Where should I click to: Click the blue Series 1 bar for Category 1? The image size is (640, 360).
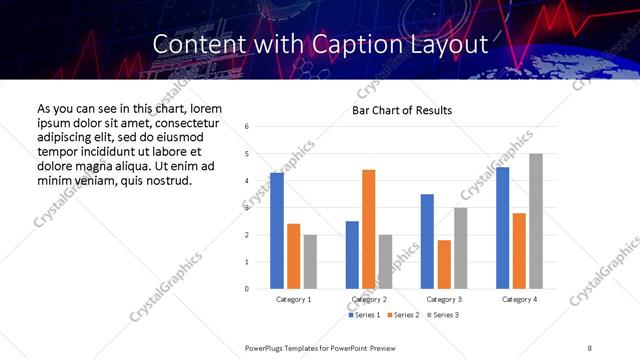(x=277, y=231)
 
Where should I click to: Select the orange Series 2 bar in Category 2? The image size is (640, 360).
(x=368, y=229)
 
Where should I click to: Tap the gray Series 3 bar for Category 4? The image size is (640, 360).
(x=536, y=221)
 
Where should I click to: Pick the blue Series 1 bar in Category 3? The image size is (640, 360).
(x=427, y=241)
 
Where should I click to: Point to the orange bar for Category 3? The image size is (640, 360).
(x=444, y=264)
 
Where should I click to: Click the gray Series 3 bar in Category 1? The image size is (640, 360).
(x=310, y=262)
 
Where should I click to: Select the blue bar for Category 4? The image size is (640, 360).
(x=502, y=228)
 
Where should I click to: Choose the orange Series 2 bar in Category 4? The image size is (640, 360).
(x=519, y=250)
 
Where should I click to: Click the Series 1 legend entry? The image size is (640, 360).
(x=364, y=315)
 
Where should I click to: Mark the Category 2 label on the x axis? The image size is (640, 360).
(x=369, y=299)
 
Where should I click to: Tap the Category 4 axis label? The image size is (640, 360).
(x=519, y=299)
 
